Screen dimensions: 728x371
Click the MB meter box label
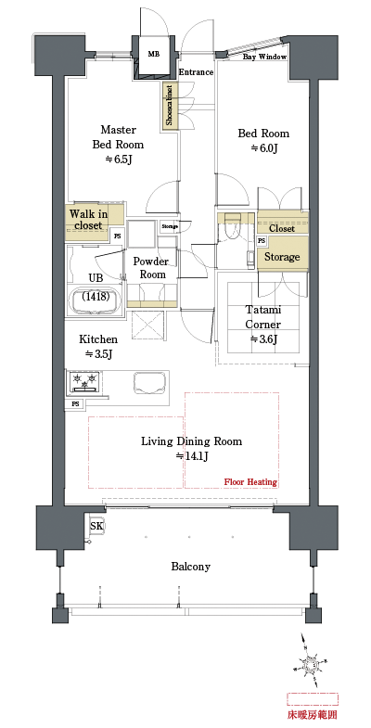(153, 55)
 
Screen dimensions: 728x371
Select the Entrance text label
(196, 71)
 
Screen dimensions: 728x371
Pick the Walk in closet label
(87, 219)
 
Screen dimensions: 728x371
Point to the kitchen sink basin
(150, 382)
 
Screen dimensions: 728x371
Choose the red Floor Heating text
(250, 482)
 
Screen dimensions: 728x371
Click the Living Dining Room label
(191, 449)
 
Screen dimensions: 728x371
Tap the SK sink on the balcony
(96, 527)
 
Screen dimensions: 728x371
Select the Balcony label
(191, 567)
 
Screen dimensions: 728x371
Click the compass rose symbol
(313, 664)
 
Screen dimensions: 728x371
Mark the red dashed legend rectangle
(313, 697)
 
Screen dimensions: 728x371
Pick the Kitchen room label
(97, 346)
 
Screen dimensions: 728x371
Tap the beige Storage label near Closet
(282, 257)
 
